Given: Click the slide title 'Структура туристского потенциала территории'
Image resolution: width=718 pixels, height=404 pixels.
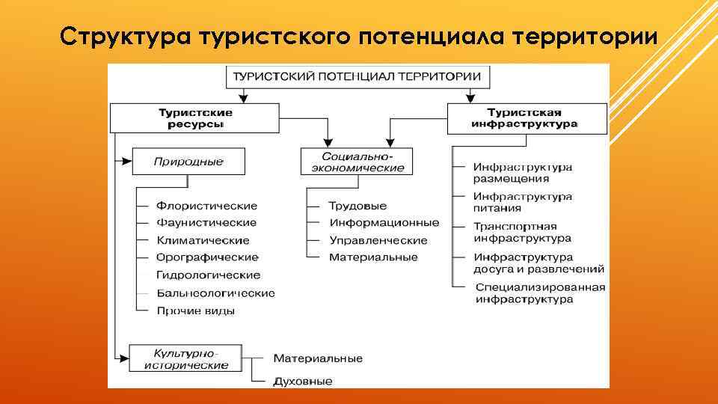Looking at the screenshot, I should pyautogui.click(x=359, y=35).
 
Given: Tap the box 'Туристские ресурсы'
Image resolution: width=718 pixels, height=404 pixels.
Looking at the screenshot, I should pyautogui.click(x=194, y=118).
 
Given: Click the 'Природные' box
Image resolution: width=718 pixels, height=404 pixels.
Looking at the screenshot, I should pyautogui.click(x=188, y=161).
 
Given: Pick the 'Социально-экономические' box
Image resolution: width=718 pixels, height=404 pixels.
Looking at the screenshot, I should pyautogui.click(x=357, y=162).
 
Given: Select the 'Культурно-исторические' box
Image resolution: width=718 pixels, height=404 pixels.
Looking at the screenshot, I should pyautogui.click(x=185, y=358).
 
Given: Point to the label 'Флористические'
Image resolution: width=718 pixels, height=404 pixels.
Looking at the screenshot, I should pyautogui.click(x=206, y=206).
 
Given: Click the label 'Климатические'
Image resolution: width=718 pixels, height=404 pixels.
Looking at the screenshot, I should pyautogui.click(x=203, y=240).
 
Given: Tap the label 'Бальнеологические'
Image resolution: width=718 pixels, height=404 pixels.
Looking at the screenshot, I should pyautogui.click(x=215, y=293).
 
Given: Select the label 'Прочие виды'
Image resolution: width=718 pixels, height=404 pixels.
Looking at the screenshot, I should pyautogui.click(x=196, y=310).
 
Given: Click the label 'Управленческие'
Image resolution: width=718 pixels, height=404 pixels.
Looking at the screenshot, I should pyautogui.click(x=378, y=240).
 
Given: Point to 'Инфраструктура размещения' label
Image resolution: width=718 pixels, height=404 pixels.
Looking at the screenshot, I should pyautogui.click(x=522, y=173).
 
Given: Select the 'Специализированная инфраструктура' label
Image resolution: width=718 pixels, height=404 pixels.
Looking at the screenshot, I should pyautogui.click(x=539, y=293).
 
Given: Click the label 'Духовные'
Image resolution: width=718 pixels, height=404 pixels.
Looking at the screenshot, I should pyautogui.click(x=302, y=381).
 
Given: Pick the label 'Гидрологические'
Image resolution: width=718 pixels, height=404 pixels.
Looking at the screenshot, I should pyautogui.click(x=208, y=275).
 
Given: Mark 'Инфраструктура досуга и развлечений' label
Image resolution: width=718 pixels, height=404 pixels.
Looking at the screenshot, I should pyautogui.click(x=538, y=263).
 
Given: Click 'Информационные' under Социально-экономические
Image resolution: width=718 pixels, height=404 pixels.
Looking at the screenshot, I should pyautogui.click(x=384, y=223).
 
